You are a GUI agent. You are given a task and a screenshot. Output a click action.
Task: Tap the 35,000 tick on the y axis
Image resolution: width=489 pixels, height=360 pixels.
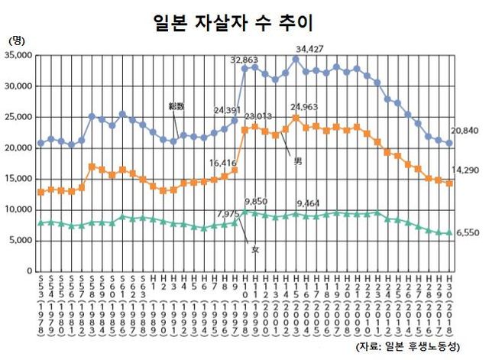point(18,56)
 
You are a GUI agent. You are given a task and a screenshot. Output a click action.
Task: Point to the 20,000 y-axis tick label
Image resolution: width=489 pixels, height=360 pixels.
point(18,148)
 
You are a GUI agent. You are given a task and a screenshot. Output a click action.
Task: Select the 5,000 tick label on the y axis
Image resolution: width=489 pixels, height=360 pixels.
point(21,241)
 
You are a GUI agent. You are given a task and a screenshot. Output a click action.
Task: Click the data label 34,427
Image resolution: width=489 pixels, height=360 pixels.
point(311,49)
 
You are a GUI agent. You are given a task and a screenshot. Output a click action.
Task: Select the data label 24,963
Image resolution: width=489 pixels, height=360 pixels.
point(305,109)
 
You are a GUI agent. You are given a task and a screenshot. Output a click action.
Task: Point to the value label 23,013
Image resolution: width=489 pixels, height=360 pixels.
point(258,116)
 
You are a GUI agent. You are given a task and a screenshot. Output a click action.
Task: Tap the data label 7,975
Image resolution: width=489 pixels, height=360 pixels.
point(228,213)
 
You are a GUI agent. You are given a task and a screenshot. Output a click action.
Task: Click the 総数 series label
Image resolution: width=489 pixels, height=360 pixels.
point(176,105)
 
